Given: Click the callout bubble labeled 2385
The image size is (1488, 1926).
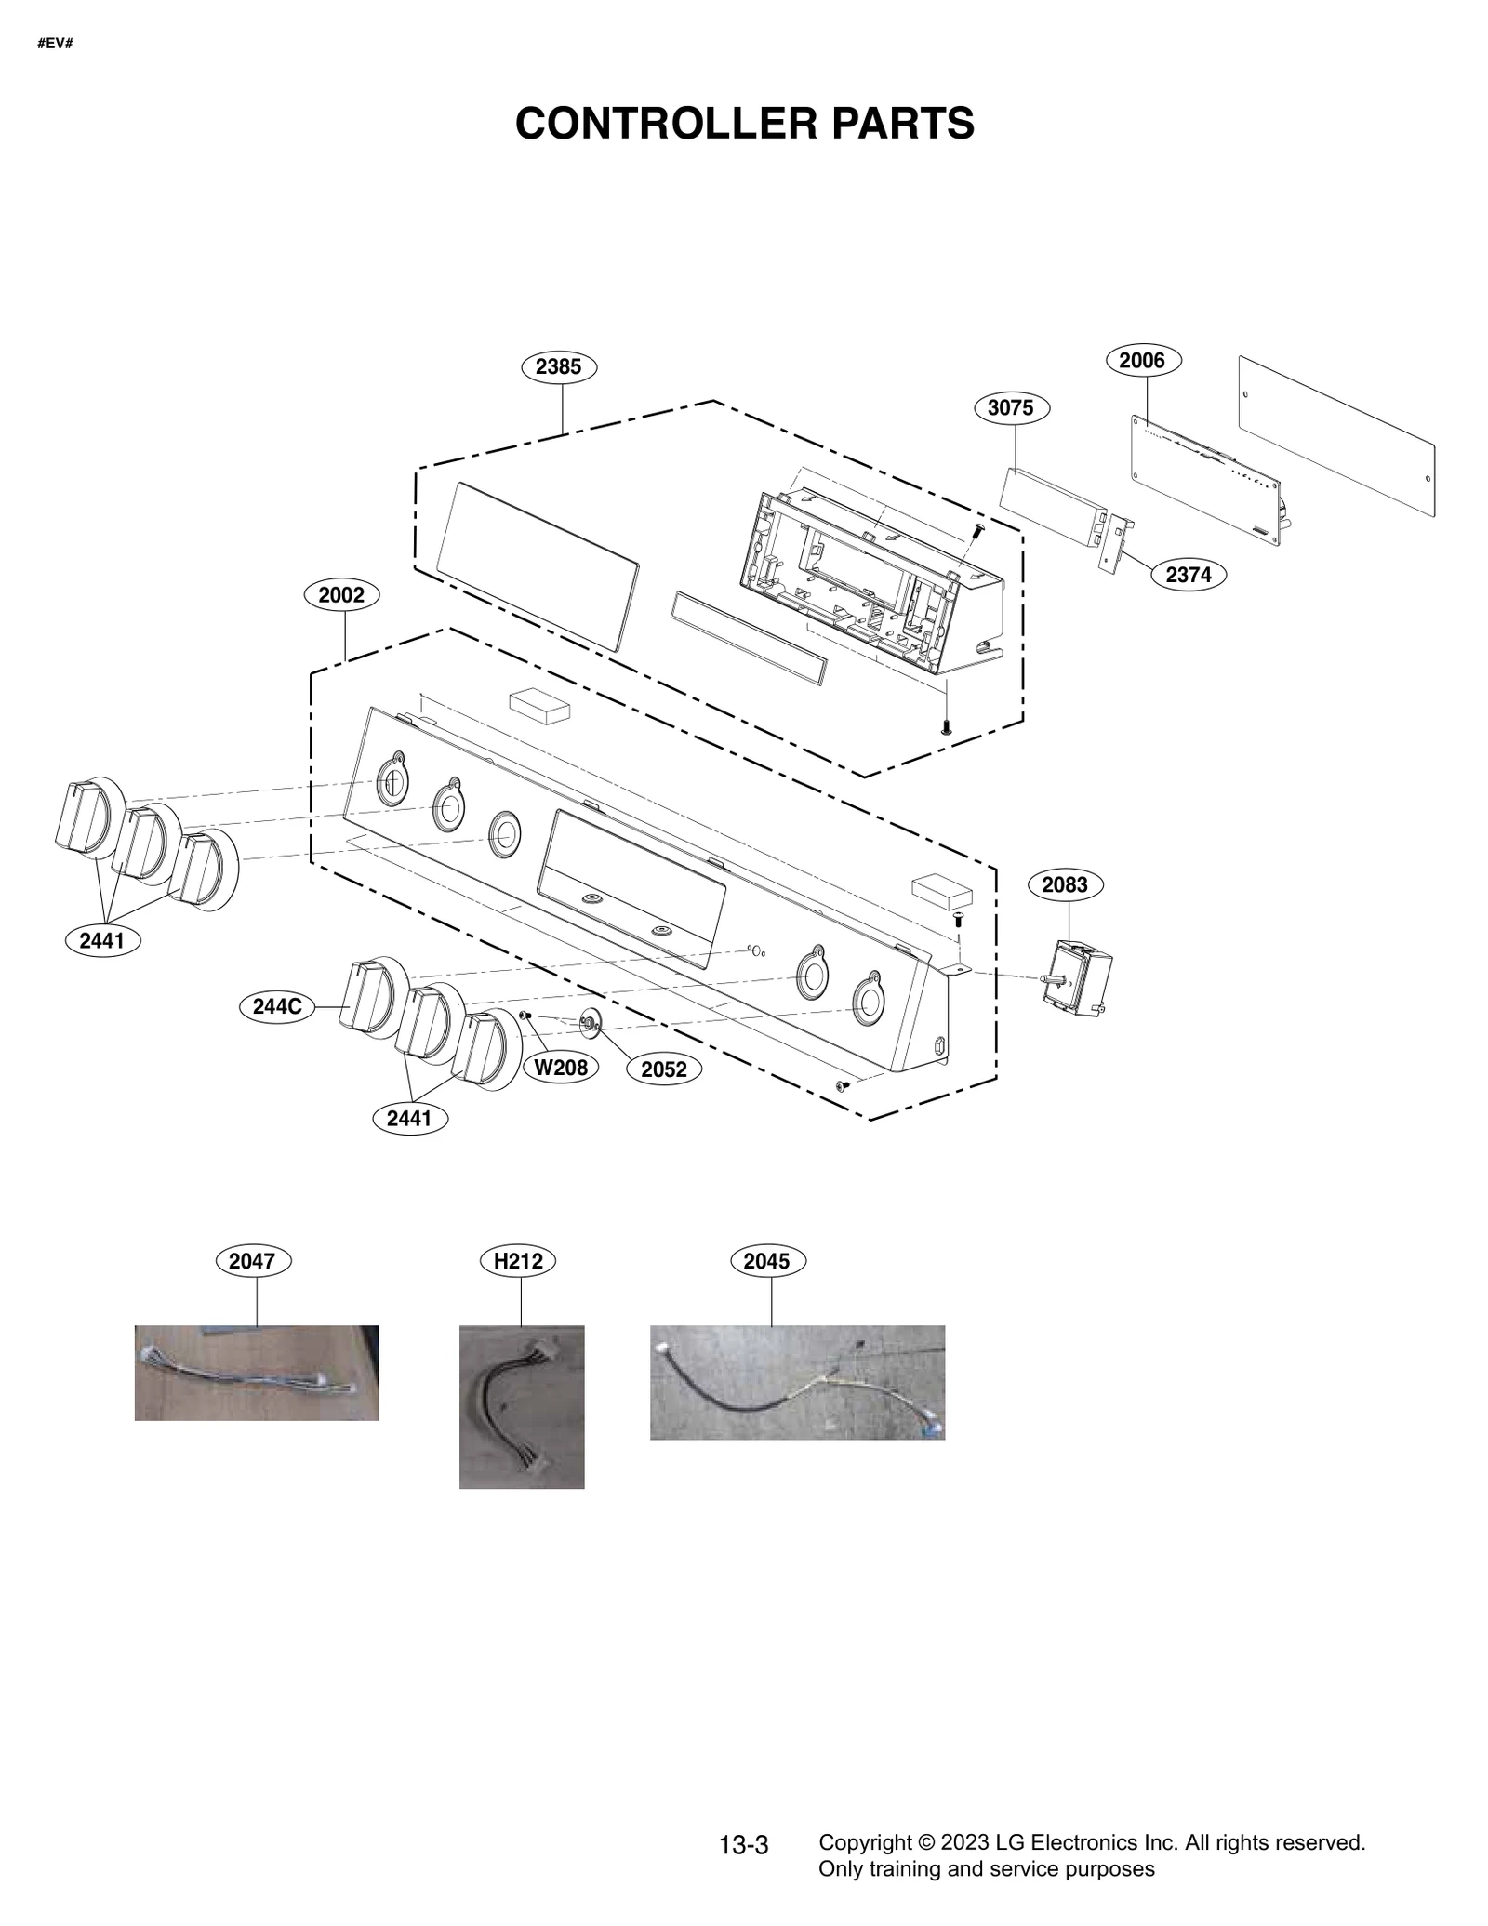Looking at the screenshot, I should [558, 366].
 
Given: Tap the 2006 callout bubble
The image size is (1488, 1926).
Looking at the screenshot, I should [1142, 360].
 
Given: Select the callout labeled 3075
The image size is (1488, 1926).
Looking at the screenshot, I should [1011, 407].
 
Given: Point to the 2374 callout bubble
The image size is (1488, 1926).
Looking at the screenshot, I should [1188, 575].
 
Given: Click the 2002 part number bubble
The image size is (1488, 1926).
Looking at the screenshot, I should [341, 594].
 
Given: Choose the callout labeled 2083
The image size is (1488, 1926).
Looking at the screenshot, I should [1065, 884].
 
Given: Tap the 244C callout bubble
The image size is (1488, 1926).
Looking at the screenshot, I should [277, 1006].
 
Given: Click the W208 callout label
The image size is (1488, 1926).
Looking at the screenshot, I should [561, 1068].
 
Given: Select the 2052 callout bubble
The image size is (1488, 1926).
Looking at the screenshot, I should [664, 1069].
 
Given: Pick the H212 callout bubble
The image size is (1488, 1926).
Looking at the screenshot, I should [518, 1261].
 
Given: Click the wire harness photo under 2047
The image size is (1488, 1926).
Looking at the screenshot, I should [256, 1372].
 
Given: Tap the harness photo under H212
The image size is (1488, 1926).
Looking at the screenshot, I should [522, 1406].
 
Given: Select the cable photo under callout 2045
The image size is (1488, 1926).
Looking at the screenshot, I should [797, 1382].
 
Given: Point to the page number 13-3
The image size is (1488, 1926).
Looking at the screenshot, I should [744, 1845].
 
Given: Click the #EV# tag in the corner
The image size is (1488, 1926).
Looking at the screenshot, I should [55, 44].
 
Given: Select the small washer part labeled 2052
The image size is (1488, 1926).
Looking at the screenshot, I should [589, 1023].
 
